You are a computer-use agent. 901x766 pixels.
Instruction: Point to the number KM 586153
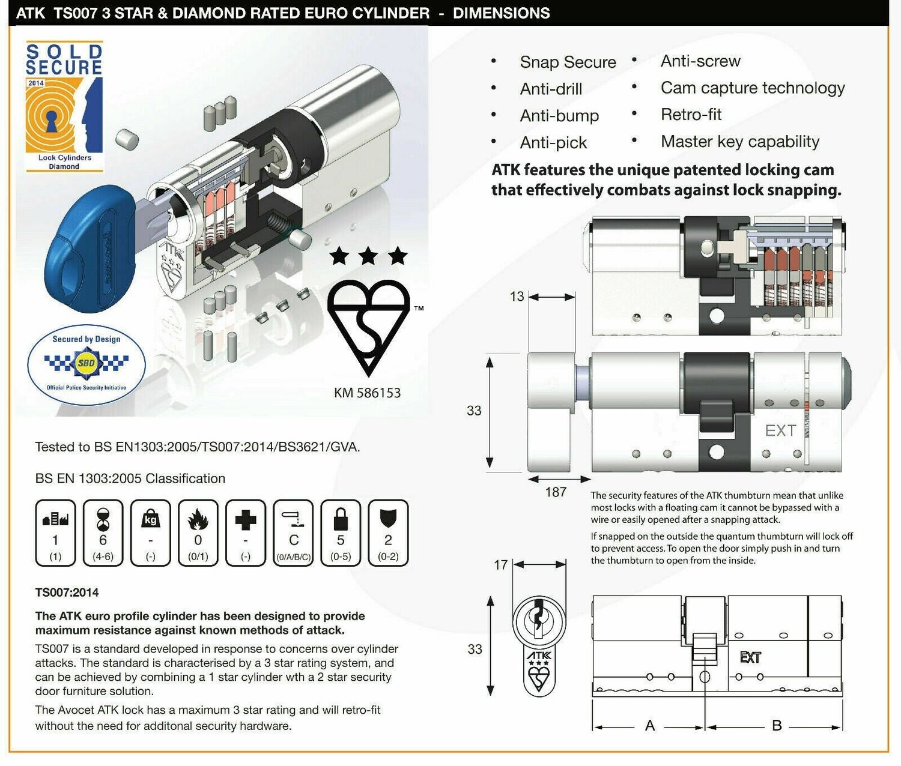(x=367, y=393)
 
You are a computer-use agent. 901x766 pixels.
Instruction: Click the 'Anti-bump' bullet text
(x=559, y=116)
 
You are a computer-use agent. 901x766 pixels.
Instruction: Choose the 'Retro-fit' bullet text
(x=691, y=115)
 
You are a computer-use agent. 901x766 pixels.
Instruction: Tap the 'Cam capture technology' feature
(x=753, y=88)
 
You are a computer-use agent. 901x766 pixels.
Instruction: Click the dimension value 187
(x=556, y=492)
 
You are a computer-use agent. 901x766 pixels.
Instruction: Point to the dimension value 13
(x=517, y=297)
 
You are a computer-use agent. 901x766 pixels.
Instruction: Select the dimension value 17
(x=500, y=565)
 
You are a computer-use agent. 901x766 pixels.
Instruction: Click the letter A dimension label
(x=650, y=726)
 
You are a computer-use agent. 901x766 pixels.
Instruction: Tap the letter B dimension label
(x=777, y=726)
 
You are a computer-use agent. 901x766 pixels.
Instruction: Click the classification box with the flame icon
(x=198, y=533)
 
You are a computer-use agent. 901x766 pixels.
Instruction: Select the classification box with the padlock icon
(x=341, y=533)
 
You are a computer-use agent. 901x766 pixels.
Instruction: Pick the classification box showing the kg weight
(x=151, y=533)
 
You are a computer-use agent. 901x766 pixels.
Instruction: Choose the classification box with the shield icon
(x=388, y=533)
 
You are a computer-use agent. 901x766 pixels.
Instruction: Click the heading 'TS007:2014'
(x=67, y=593)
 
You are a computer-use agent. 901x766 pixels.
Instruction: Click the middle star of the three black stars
(x=368, y=257)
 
